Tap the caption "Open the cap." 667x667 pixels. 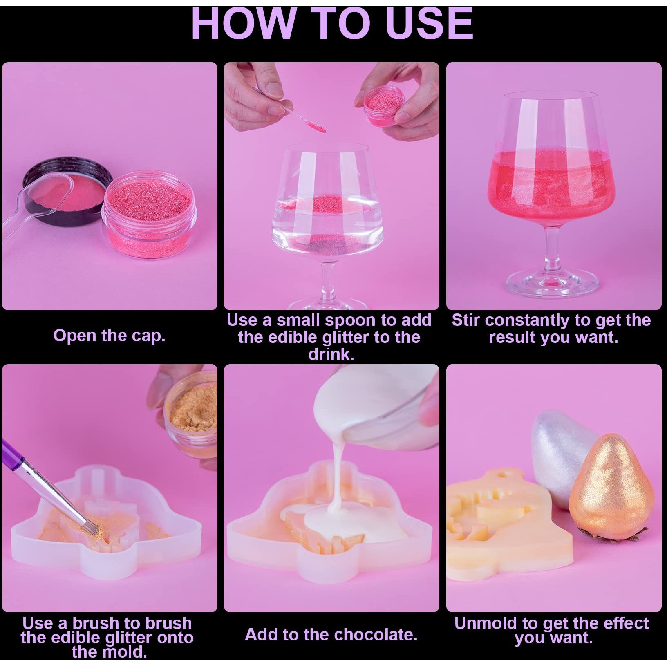point(109,336)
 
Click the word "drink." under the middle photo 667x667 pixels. point(331,354)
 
